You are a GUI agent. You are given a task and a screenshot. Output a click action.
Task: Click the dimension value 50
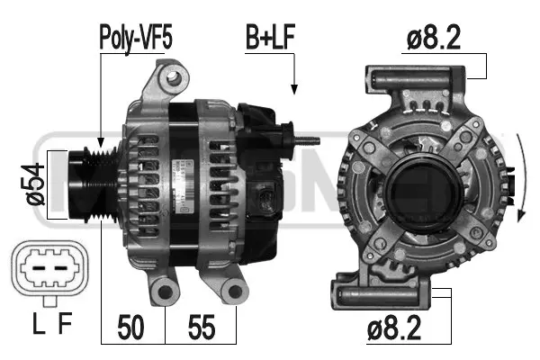131,327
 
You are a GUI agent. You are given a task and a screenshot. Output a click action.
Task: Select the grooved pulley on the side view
92,185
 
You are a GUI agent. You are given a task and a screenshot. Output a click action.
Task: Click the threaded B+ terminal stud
309,140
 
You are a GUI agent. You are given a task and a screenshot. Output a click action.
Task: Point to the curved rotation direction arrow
522,180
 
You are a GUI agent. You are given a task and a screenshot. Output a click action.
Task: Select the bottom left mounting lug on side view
165,290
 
